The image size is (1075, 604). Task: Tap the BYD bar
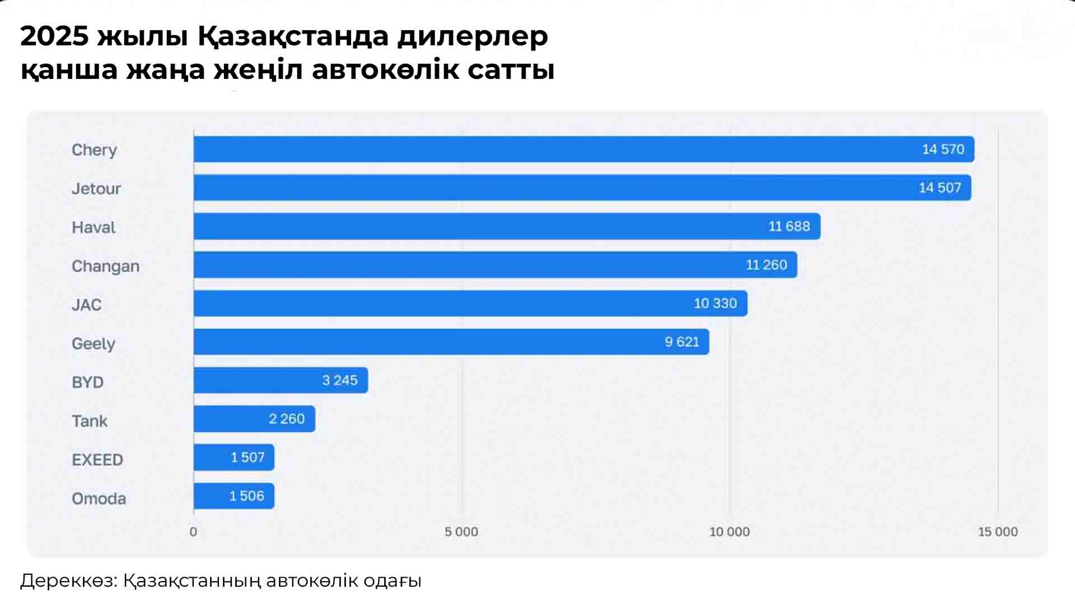tap(280, 380)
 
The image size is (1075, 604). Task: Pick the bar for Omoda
tap(233, 496)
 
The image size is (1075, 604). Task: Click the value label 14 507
tap(940, 188)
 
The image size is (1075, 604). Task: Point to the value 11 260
tap(766, 265)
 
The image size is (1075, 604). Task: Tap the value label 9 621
tap(681, 342)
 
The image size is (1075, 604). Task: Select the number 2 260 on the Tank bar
tap(287, 419)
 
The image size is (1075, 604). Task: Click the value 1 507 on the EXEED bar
tap(247, 457)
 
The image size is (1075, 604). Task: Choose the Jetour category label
tap(96, 189)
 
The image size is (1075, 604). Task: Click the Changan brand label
tap(105, 266)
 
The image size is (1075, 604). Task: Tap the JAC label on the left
tap(87, 305)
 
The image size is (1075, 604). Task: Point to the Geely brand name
tap(94, 343)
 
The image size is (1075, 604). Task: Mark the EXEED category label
tap(97, 460)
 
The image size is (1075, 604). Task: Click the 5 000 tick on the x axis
tap(461, 532)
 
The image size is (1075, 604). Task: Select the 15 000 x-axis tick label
tap(998, 532)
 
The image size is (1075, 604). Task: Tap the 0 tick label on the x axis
tap(193, 532)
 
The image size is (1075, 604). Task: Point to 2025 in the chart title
tap(54, 37)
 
